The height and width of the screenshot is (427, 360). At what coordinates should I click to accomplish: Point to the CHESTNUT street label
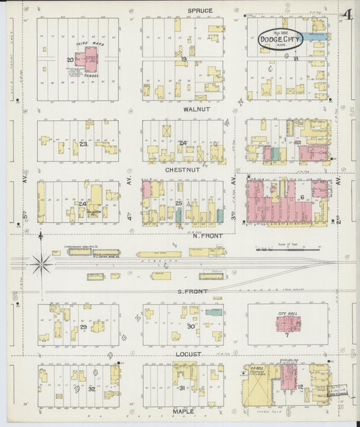pyautogui.click(x=181, y=171)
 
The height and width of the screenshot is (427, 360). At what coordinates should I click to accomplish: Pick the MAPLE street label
pyautogui.click(x=183, y=411)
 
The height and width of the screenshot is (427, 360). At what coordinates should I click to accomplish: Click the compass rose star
pyautogui.click(x=42, y=263)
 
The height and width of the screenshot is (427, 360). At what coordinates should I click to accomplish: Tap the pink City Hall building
pyautogui.click(x=289, y=324)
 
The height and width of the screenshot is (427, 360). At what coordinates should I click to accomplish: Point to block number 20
pyautogui.click(x=70, y=59)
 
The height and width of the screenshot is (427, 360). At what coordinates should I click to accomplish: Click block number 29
pyautogui.click(x=84, y=327)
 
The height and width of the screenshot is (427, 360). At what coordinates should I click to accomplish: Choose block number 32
pyautogui.click(x=91, y=389)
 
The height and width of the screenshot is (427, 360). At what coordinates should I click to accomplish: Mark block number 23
pyautogui.click(x=84, y=144)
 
